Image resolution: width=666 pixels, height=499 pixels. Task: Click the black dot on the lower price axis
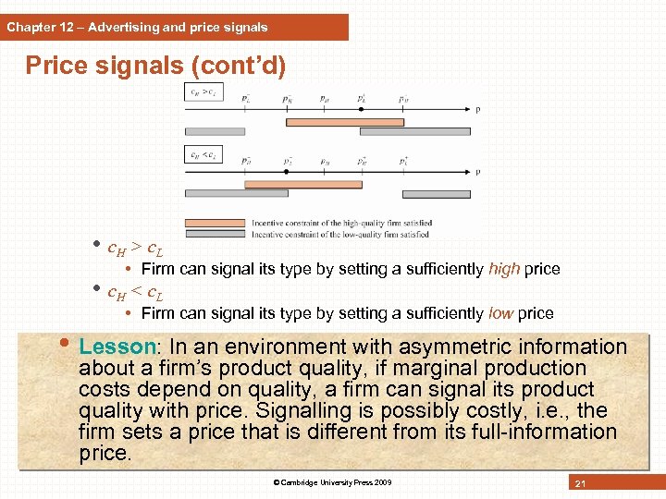pyautogui.click(x=286, y=172)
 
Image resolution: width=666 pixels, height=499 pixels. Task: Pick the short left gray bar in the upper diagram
pyautogui.click(x=215, y=131)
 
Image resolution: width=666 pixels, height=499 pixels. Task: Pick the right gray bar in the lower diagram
pyautogui.click(x=437, y=194)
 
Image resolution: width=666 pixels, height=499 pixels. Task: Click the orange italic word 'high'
pyautogui.click(x=503, y=269)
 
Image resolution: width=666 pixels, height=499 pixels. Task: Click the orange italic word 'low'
pyautogui.click(x=503, y=313)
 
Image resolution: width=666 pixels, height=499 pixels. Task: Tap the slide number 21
pyautogui.click(x=581, y=483)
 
